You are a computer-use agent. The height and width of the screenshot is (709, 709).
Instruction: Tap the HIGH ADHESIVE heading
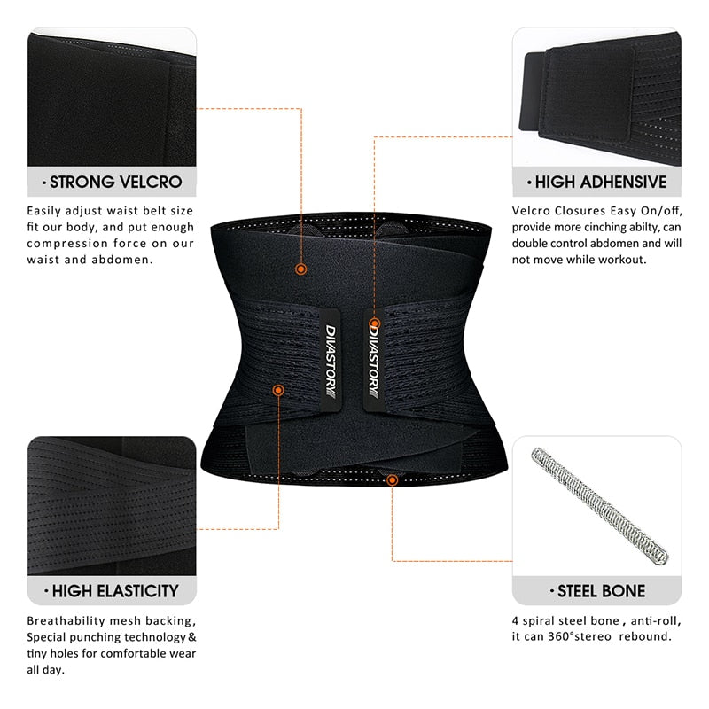tap(598, 183)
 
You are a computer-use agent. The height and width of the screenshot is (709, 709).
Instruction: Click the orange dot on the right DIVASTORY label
tap(375, 324)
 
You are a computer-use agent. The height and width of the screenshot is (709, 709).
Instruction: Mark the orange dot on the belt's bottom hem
tap(392, 479)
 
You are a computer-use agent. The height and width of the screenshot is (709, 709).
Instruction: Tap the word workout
tap(621, 259)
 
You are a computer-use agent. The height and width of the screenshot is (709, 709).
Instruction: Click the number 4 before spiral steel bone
tap(516, 620)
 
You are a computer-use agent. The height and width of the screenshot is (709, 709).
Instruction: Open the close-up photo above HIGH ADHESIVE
tap(598, 97)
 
